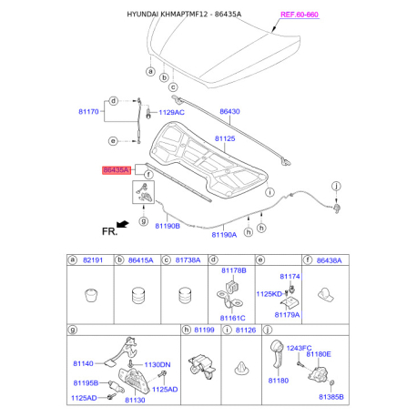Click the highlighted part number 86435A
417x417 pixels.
pyautogui.click(x=116, y=169)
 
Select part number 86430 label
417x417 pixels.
pyautogui.click(x=229, y=112)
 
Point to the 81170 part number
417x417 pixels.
pyautogui.click(x=86, y=115)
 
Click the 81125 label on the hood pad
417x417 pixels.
pyautogui.click(x=225, y=139)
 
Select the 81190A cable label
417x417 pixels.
pyautogui.click(x=224, y=233)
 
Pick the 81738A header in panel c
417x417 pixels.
pyautogui.click(x=188, y=260)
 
